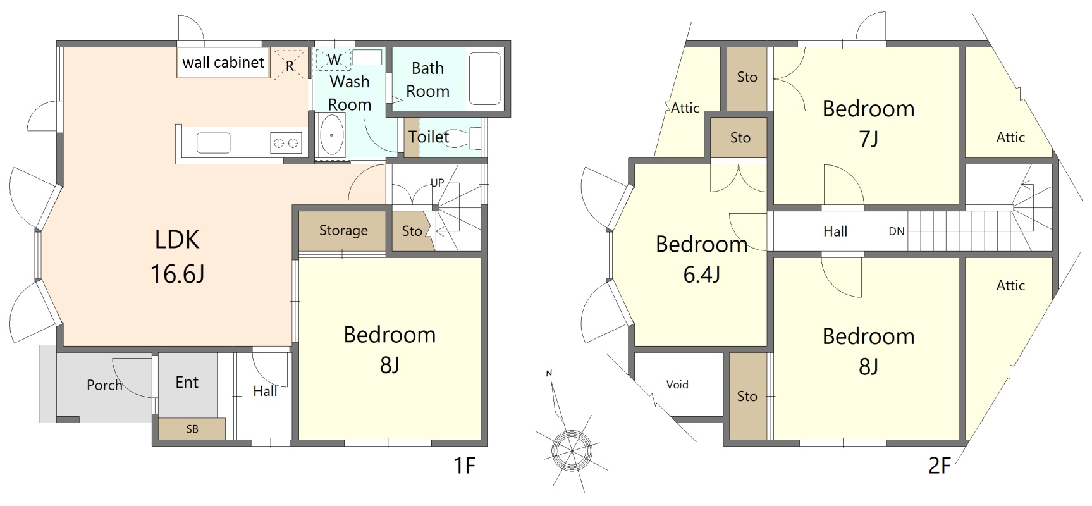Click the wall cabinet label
(223, 63)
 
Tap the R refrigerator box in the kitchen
(290, 65)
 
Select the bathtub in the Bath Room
(485, 78)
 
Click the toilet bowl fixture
(460, 138)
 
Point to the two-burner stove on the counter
(286, 143)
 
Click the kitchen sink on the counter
(214, 143)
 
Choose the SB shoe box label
(192, 429)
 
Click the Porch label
(104, 385)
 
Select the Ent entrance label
(187, 382)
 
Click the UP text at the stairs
(437, 183)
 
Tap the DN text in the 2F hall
(897, 231)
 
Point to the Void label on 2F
(677, 385)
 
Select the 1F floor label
(464, 466)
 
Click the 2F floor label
(940, 466)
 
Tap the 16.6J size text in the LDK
(177, 274)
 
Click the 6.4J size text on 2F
(702, 275)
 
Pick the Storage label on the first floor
(343, 231)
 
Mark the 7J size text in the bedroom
(868, 139)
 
